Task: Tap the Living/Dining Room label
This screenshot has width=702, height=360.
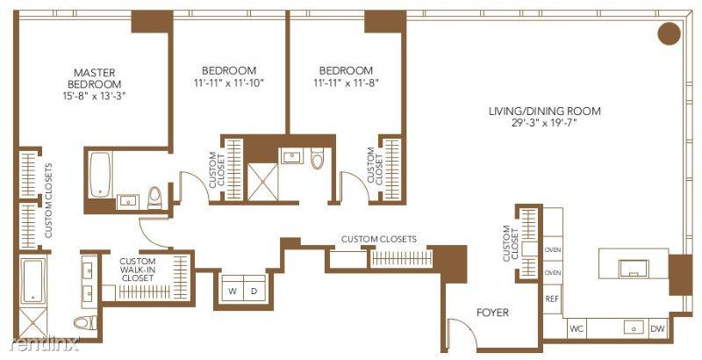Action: pos(545,111)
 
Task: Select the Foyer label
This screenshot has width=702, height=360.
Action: pos(492,313)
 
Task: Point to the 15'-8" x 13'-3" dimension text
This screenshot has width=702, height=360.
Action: pos(96,96)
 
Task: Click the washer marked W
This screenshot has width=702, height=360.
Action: pos(233,291)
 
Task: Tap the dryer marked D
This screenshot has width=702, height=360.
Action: pos(254,291)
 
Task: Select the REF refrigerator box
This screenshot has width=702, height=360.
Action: pos(552,299)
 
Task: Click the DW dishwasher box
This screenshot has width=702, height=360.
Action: pos(657,329)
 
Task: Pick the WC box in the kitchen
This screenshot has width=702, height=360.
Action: pos(577,329)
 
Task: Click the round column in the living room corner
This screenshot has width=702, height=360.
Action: pos(669,34)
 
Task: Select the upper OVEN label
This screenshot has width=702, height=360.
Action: pos(553,250)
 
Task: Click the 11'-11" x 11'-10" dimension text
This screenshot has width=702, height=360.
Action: pos(228,83)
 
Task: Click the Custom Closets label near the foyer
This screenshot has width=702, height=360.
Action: pos(378,239)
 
